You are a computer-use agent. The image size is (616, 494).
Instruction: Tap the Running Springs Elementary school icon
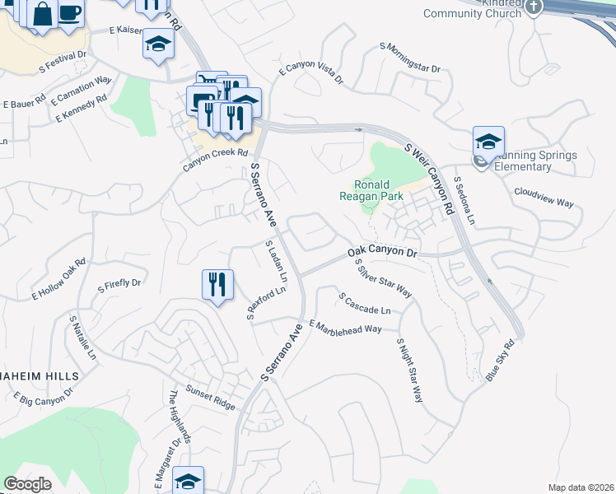click(x=488, y=142)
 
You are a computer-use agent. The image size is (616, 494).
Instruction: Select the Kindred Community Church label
click(x=473, y=8)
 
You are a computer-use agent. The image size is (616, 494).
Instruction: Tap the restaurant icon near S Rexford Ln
click(x=217, y=285)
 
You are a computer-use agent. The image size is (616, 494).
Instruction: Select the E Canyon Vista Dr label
click(x=310, y=73)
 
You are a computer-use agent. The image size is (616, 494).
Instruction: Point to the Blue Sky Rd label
click(x=503, y=360)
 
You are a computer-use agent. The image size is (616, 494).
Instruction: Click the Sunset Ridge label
click(x=210, y=398)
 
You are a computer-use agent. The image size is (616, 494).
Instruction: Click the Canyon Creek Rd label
click(x=215, y=159)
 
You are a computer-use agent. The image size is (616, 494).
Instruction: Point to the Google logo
click(x=28, y=484)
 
